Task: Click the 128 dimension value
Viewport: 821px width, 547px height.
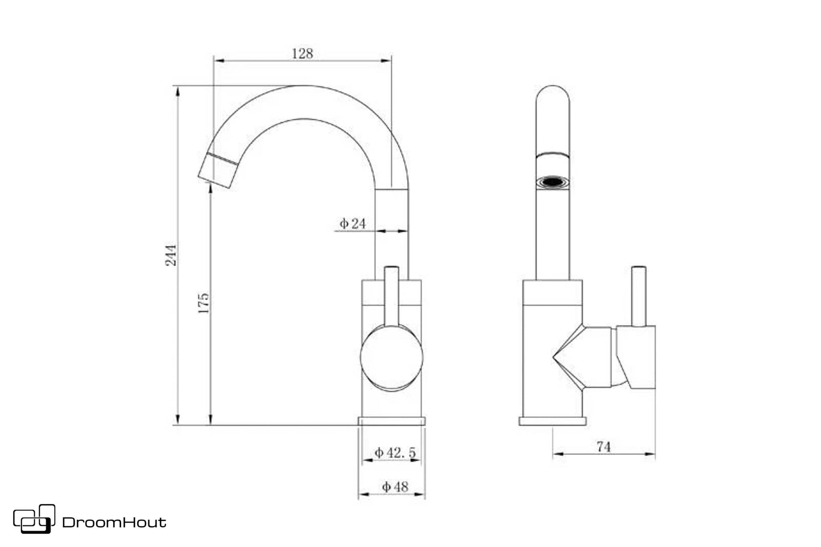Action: click(302, 54)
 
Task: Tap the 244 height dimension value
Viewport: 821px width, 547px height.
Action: click(171, 255)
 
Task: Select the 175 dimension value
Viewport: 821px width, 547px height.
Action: click(204, 303)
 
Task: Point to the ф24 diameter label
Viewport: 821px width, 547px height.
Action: click(353, 223)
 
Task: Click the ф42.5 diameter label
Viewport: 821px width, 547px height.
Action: click(395, 453)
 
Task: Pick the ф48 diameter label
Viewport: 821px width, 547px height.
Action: click(395, 487)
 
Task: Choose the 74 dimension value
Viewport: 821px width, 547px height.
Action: click(604, 447)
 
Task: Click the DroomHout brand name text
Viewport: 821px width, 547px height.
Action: click(114, 523)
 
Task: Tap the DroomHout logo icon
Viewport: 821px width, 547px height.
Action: click(34, 519)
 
